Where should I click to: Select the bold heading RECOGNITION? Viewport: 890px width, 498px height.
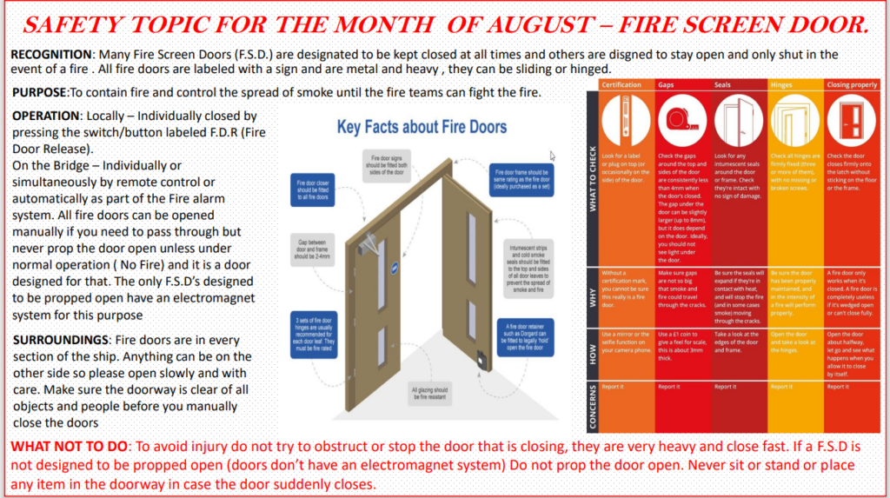[50, 54]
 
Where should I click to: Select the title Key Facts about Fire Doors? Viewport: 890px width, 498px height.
[422, 127]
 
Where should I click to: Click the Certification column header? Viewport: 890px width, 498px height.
[621, 85]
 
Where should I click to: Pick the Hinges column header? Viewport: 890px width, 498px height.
[782, 85]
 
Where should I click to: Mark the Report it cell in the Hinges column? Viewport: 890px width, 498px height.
[781, 386]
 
